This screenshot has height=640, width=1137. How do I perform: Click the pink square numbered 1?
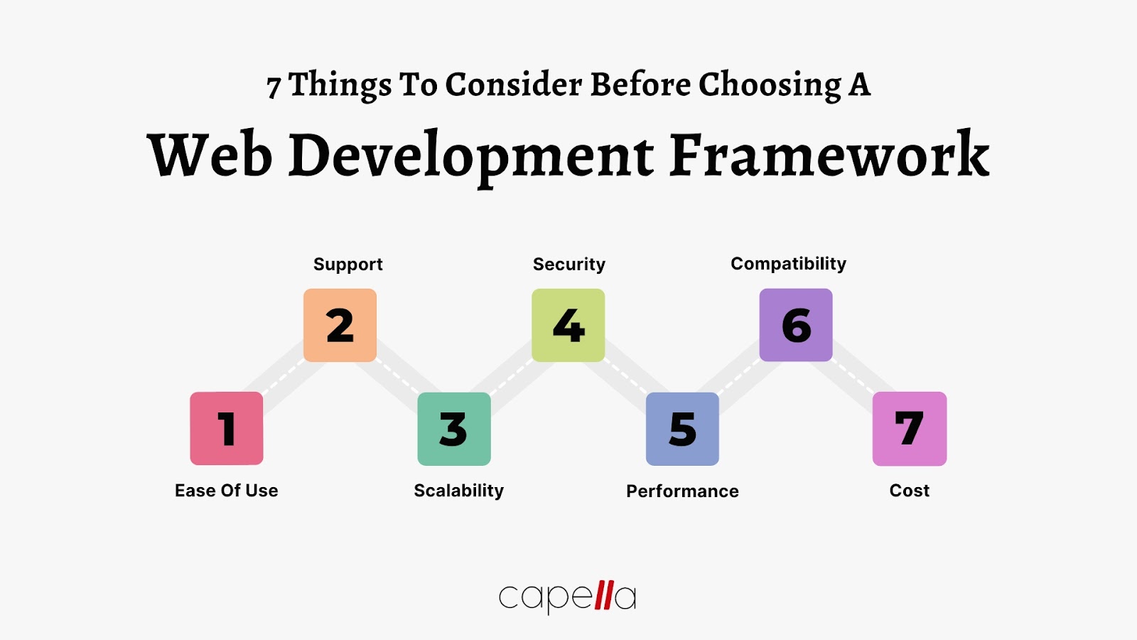coord(227,428)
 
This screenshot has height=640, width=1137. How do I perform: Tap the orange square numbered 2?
coord(340,325)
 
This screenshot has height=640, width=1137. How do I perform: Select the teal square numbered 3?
coord(454,429)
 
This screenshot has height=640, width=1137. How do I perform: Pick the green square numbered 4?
coord(568,325)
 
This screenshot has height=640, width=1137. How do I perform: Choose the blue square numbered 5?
coord(682,429)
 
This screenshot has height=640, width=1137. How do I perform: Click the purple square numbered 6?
coord(796,325)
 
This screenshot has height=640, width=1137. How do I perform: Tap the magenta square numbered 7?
coord(910,429)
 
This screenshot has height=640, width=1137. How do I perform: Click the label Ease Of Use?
coord(227,491)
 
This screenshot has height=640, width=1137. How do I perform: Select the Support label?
coord(348,265)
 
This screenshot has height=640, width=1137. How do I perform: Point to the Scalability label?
coord(459,491)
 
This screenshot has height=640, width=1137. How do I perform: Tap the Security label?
coord(569,265)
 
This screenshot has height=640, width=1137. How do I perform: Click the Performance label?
coord(682,491)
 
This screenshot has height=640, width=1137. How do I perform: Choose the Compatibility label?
coord(789,264)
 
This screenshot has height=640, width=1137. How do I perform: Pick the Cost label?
coord(910,491)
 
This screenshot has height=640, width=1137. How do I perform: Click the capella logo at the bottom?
coord(567,597)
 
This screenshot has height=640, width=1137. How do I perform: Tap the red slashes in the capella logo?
coord(604,595)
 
